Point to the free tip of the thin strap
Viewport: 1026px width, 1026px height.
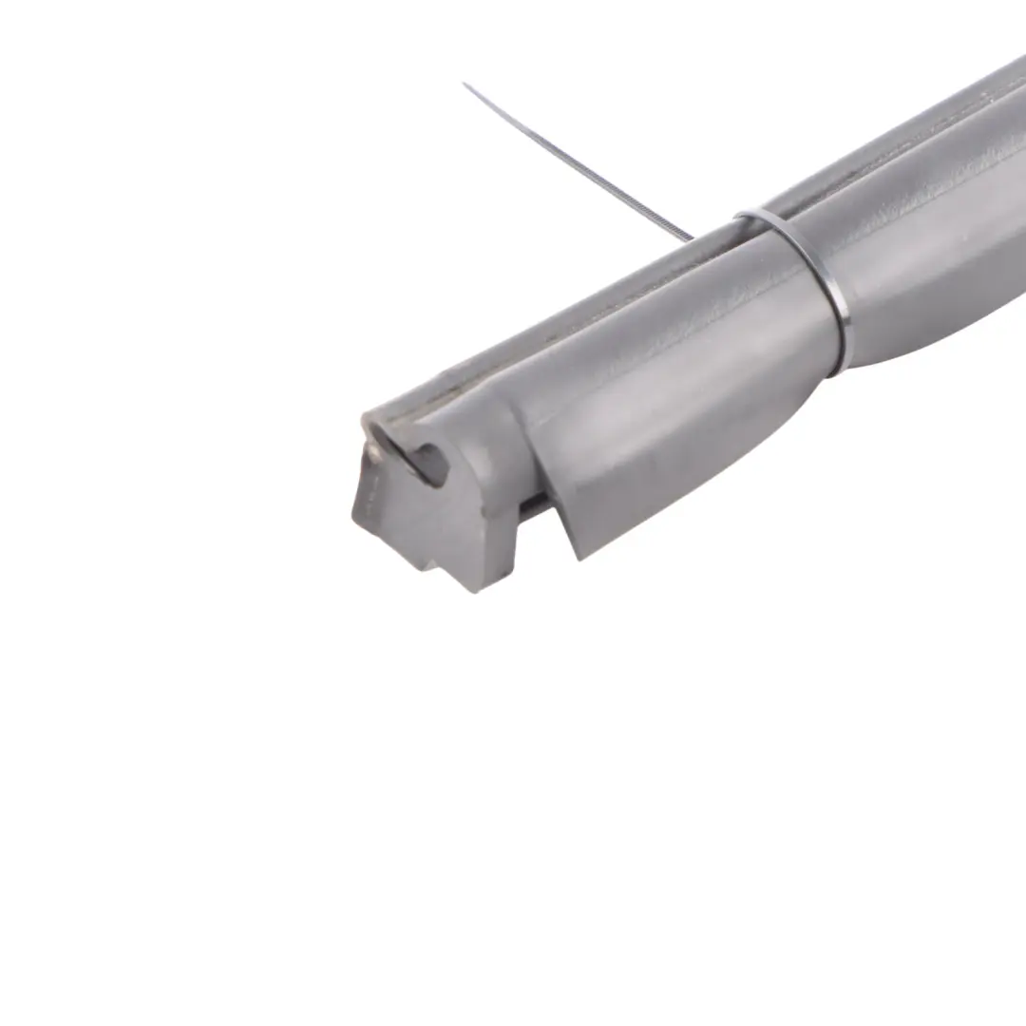click(465, 85)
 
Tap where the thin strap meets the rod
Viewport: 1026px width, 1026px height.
click(691, 237)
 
